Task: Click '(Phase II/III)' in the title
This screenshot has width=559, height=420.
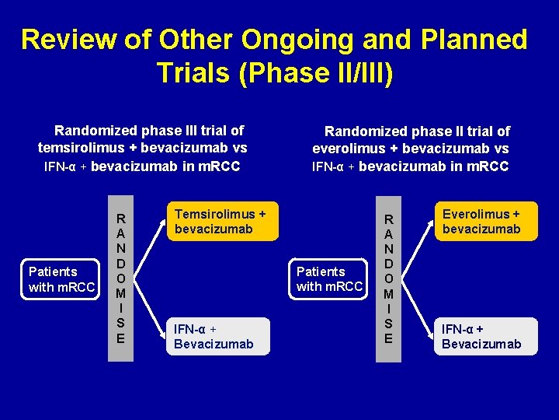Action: pos(319,72)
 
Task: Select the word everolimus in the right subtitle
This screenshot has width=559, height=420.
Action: pos(349,149)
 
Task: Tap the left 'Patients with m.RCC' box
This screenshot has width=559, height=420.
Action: pos(61,279)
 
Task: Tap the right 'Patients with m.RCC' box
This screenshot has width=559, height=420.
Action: pos(329,279)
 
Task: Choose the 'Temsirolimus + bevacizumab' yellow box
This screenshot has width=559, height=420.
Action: pos(220,221)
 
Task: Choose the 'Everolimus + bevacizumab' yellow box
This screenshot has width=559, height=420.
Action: pos(485,221)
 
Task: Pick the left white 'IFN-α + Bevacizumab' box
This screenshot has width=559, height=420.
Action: pos(217,336)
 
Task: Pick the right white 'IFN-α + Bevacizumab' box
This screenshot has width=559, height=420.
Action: pos(485,336)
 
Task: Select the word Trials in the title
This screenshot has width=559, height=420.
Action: pos(194,72)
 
